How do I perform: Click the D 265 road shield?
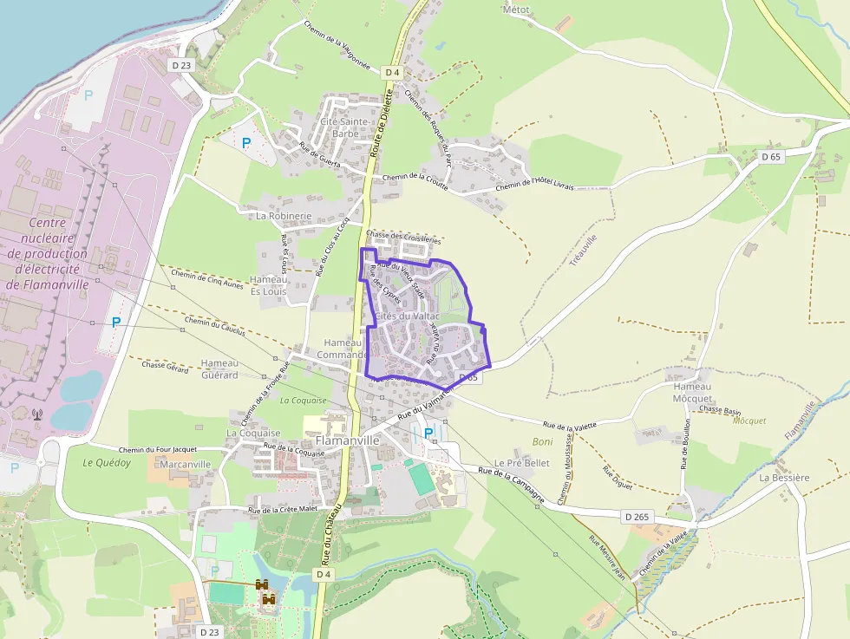[636, 517]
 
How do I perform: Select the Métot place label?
[516, 10]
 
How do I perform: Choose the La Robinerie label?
[284, 215]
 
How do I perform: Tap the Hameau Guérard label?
[219, 368]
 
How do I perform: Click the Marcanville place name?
[186, 465]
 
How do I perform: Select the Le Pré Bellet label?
[522, 463]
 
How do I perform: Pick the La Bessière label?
[784, 478]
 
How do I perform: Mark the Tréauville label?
[585, 251]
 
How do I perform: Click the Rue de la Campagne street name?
[512, 485]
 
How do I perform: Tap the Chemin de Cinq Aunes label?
[207, 278]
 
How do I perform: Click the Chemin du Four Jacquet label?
[158, 449]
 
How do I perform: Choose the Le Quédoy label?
[107, 463]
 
